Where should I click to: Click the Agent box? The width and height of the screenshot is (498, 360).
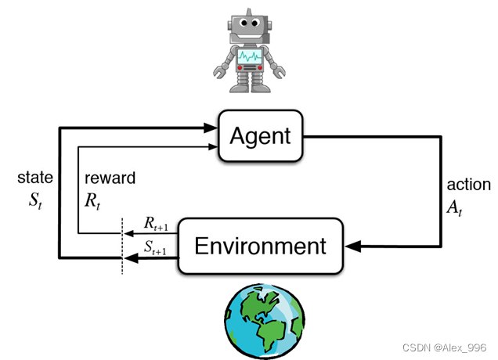(261, 136)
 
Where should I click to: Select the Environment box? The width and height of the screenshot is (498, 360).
(261, 247)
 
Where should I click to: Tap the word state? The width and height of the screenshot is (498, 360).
(34, 178)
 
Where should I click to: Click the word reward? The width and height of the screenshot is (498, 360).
(110, 178)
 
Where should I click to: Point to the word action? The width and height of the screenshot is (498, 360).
(468, 185)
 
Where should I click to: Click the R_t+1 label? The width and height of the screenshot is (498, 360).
(156, 223)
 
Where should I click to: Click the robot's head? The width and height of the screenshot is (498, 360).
(250, 26)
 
